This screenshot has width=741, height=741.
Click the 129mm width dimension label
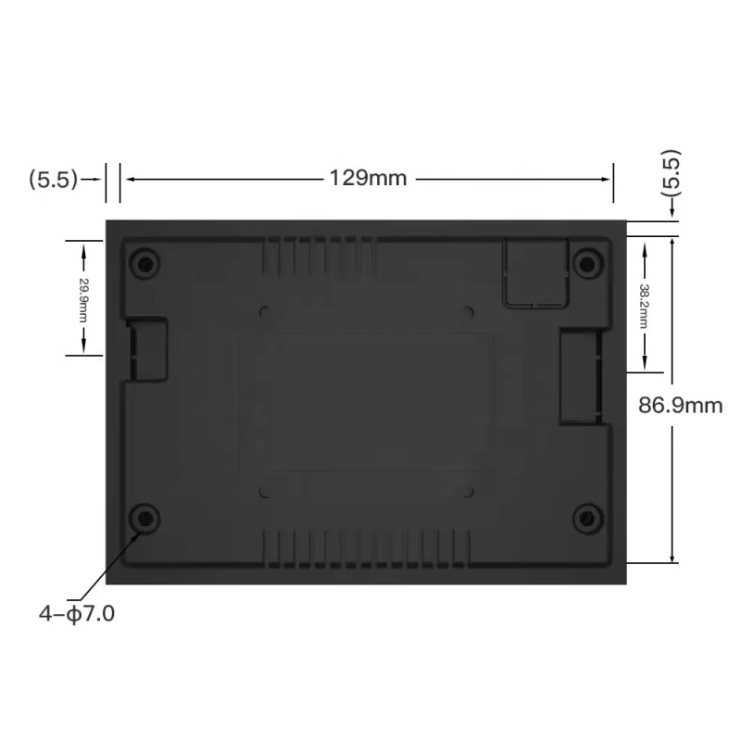click(x=368, y=178)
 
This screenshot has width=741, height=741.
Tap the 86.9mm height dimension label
click(x=681, y=405)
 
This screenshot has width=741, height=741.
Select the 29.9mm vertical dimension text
click(x=83, y=296)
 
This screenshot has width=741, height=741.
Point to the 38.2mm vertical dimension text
click(x=644, y=303)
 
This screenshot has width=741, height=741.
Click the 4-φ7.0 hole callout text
click(x=77, y=613)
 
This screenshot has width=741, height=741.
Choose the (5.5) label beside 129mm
click(x=54, y=179)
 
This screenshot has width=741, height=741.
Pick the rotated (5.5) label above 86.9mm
click(x=672, y=171)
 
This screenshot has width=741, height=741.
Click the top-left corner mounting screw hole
click(x=144, y=261)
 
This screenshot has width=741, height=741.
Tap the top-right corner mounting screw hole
click(x=585, y=263)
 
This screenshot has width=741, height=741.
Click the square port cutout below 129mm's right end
click(x=534, y=270)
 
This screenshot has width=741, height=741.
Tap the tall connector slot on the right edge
click(x=580, y=378)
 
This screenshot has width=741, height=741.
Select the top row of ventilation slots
click(x=320, y=252)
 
